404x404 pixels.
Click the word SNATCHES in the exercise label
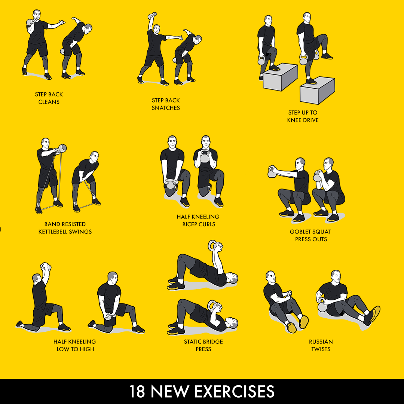tap(166, 108)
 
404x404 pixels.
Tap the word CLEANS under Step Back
tap(49, 102)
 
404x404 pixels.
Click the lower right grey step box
tap(317, 91)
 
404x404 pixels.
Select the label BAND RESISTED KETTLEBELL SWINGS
tap(65, 228)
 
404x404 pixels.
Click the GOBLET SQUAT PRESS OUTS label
tap(310, 235)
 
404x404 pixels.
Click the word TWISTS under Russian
tap(321, 349)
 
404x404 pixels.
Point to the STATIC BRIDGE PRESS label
tap(203, 345)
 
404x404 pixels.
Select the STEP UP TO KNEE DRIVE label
tap(303, 116)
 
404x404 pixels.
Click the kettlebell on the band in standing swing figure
tap(62, 149)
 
